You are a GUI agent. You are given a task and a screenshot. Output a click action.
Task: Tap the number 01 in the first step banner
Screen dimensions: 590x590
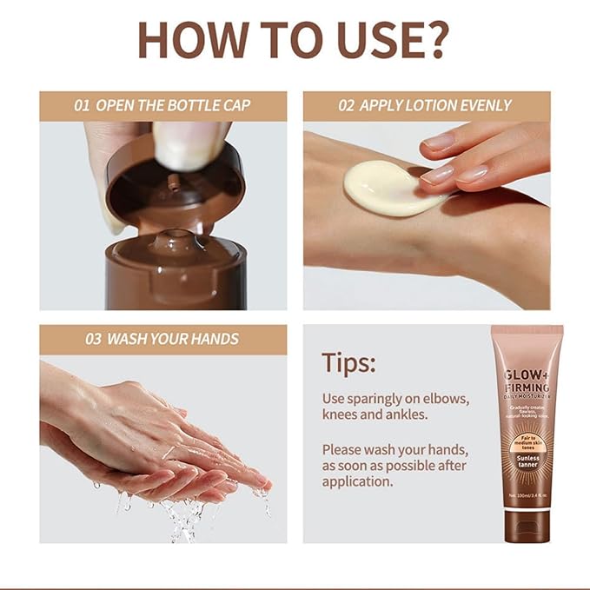point(83,106)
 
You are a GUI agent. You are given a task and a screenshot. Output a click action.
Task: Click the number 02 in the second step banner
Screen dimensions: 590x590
point(347,106)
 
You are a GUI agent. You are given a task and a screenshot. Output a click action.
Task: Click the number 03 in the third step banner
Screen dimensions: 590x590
point(93,339)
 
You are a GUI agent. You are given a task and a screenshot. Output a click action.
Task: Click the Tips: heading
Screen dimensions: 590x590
point(348,362)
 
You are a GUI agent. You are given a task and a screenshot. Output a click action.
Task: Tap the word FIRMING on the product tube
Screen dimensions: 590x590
point(527,388)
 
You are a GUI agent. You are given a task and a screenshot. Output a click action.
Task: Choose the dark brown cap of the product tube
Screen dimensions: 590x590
point(527,526)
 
